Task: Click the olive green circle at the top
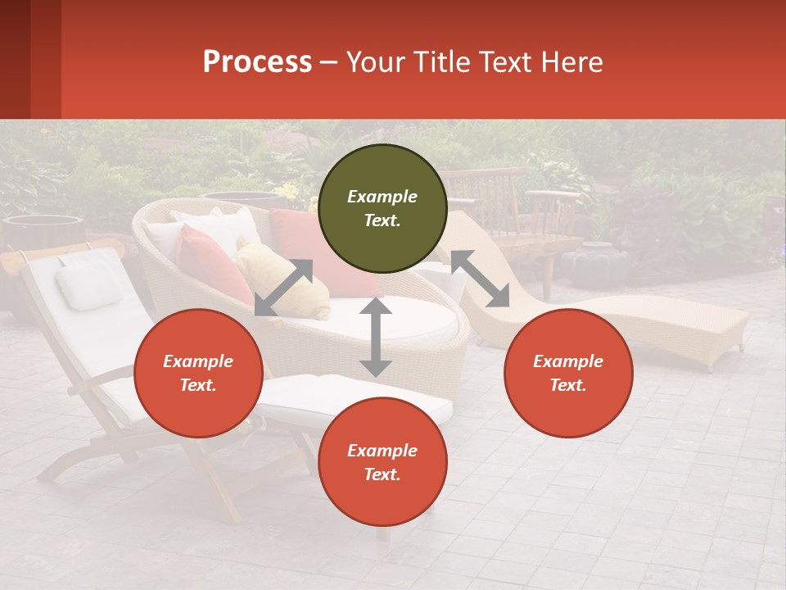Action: click(x=382, y=208)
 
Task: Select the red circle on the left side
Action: click(x=198, y=373)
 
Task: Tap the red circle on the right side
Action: click(x=568, y=373)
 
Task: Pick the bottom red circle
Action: click(x=382, y=462)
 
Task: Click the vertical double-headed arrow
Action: click(x=376, y=337)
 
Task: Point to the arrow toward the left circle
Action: click(x=283, y=288)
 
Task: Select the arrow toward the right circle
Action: click(x=480, y=279)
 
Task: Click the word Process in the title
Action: click(x=257, y=62)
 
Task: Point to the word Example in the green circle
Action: click(x=382, y=197)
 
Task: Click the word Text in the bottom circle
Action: click(x=381, y=474)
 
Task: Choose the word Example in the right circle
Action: click(x=568, y=361)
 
